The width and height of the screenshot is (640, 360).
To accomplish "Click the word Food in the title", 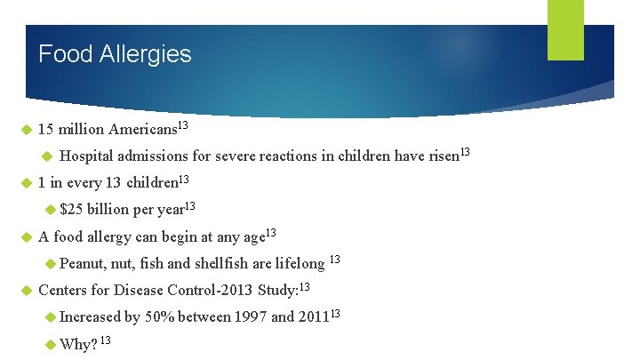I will [65, 54].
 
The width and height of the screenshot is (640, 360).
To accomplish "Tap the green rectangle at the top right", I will [565, 29].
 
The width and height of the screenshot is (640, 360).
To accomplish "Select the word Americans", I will [143, 130].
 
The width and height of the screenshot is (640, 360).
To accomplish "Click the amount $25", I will [71, 211].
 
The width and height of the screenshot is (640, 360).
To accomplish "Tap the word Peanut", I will [83, 264].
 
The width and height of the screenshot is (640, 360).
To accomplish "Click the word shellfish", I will [221, 264].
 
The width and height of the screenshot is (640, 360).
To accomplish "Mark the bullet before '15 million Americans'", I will [25, 130].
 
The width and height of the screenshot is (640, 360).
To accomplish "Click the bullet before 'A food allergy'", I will [25, 237].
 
